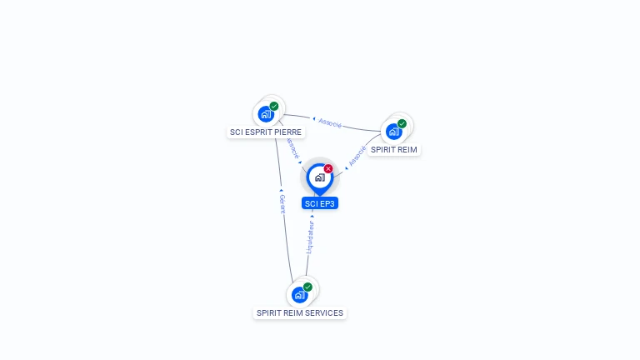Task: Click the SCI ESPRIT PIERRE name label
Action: pyautogui.click(x=267, y=132)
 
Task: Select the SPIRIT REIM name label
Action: pyautogui.click(x=394, y=150)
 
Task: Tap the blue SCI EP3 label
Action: pyautogui.click(x=320, y=203)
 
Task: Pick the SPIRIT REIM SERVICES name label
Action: pyautogui.click(x=300, y=313)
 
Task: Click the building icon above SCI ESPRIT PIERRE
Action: pyautogui.click(x=266, y=113)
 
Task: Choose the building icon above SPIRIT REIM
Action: pyautogui.click(x=394, y=131)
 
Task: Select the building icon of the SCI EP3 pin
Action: pyautogui.click(x=319, y=177)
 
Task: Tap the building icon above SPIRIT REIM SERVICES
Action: pyautogui.click(x=299, y=294)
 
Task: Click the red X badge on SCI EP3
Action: pyautogui.click(x=328, y=168)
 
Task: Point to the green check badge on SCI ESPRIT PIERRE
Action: pyautogui.click(x=274, y=106)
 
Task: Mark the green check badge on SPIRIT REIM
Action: pyautogui.click(x=402, y=123)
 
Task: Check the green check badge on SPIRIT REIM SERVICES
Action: pyautogui.click(x=307, y=287)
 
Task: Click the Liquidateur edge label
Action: pyautogui.click(x=310, y=237)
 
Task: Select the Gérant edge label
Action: pyautogui.click(x=282, y=204)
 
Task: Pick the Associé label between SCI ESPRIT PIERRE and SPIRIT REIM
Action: pyautogui.click(x=331, y=122)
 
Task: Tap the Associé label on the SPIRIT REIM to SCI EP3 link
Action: pyautogui.click(x=357, y=156)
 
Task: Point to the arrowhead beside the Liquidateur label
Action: pyautogui.click(x=312, y=217)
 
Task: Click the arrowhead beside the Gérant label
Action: pyautogui.click(x=281, y=191)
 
